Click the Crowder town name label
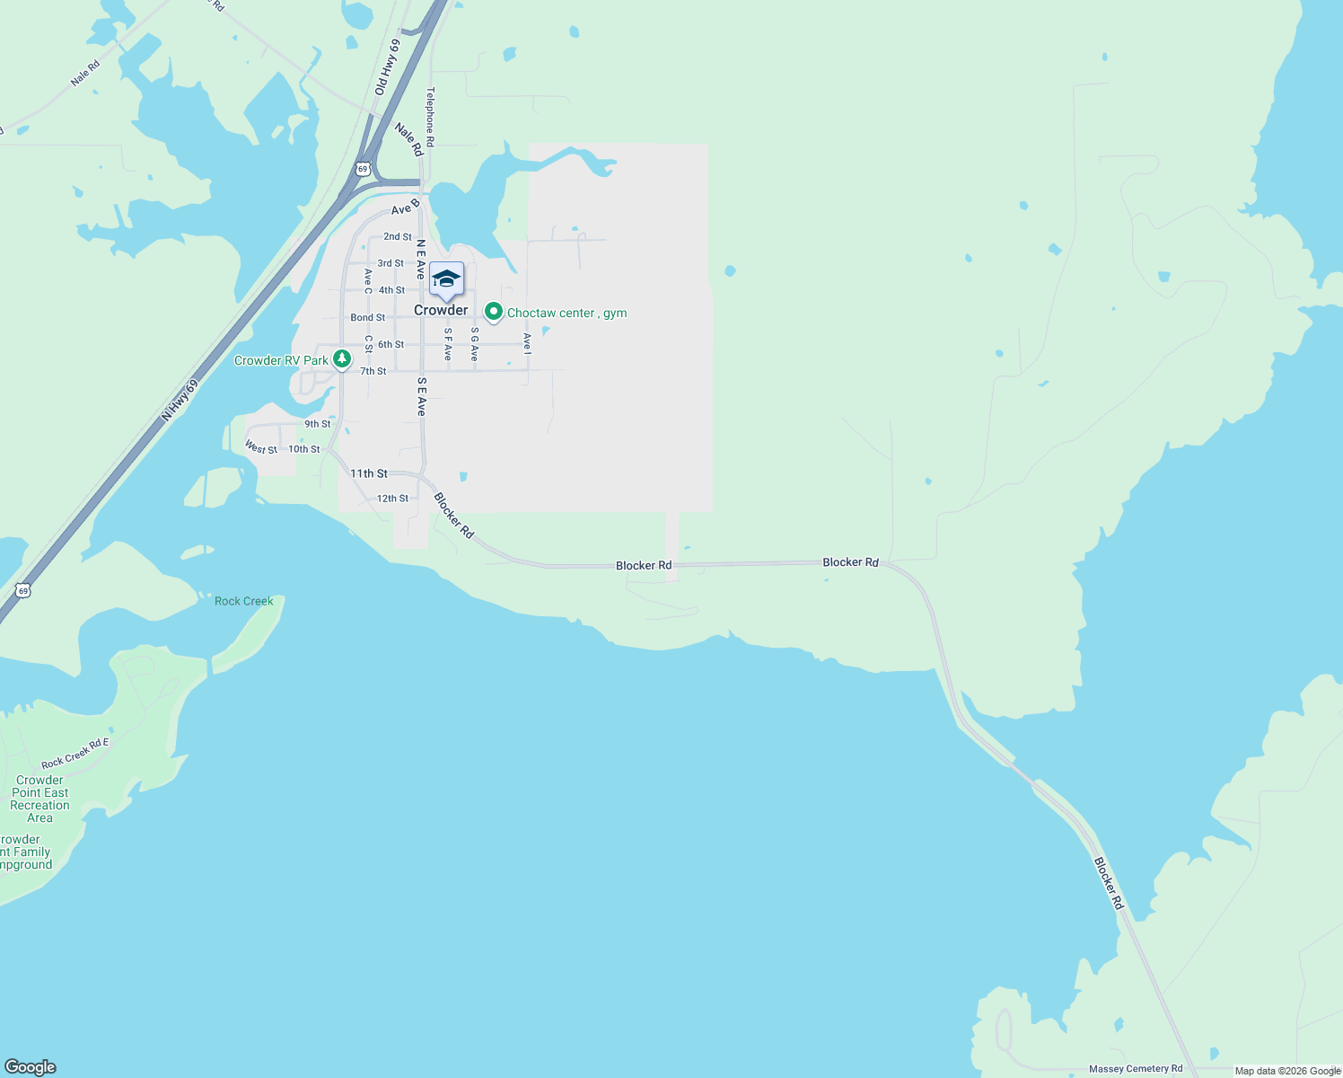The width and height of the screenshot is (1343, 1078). coord(441,310)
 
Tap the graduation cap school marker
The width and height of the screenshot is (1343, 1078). coord(446,279)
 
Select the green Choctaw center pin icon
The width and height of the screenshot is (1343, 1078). coord(493,312)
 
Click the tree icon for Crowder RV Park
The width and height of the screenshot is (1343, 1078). coord(342,359)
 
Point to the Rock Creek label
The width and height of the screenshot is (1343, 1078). coord(244,601)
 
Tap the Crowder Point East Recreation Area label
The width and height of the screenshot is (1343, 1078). coord(40,799)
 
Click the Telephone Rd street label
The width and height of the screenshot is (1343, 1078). coord(431,117)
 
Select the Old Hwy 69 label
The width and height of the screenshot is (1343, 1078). coord(388,67)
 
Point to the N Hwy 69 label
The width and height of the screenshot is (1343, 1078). coord(180,400)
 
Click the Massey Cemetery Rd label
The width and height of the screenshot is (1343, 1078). coord(1136,1068)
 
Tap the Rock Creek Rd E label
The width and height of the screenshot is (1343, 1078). coord(75,753)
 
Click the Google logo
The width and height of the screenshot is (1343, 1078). coord(31,1067)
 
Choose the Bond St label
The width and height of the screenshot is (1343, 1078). coord(368,317)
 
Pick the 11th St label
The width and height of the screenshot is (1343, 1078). coord(369,473)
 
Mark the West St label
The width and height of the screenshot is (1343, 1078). coord(261,447)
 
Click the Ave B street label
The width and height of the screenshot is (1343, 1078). coord(406,208)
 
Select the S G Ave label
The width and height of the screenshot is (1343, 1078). coord(475,344)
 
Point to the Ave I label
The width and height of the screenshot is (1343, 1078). coord(528,342)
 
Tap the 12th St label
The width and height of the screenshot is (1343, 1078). coord(392,499)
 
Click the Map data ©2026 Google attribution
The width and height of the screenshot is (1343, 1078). coord(1287,1070)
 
